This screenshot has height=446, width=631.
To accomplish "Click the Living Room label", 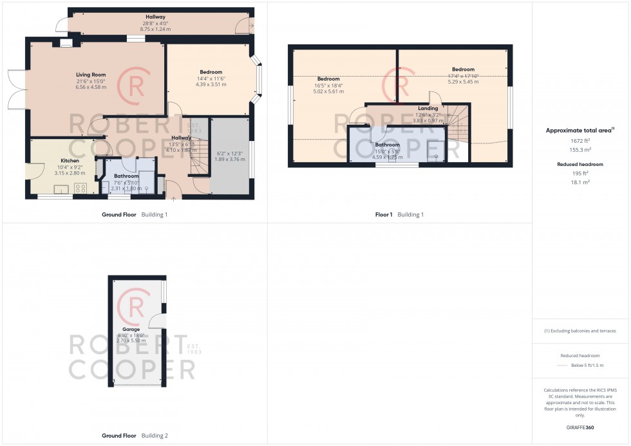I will click(x=90, y=75).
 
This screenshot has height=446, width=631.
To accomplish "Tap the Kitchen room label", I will click(x=70, y=160).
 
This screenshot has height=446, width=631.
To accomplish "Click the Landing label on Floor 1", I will click(x=428, y=108).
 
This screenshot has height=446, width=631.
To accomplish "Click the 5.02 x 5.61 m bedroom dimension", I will click(x=328, y=91).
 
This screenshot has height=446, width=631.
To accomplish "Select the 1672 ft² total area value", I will click(x=580, y=140).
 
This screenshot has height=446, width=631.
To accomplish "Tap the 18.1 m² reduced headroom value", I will click(x=580, y=182).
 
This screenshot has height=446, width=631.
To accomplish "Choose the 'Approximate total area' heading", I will click(x=579, y=130).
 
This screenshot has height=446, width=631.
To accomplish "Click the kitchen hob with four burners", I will click(x=82, y=189).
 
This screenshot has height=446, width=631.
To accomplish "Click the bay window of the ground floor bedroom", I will click(x=258, y=81).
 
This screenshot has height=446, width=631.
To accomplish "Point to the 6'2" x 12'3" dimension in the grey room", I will click(x=229, y=153).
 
